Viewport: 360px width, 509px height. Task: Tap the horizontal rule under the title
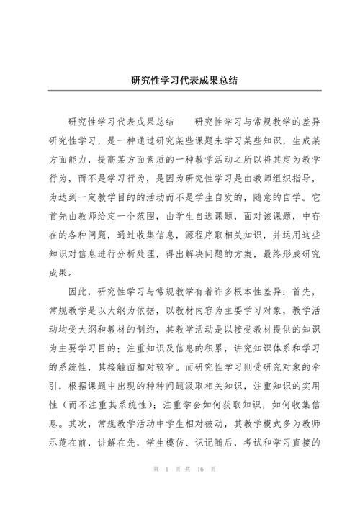tap(180, 91)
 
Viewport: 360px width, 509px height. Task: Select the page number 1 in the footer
tap(166, 490)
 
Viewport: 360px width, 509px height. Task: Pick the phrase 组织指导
tap(292, 158)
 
